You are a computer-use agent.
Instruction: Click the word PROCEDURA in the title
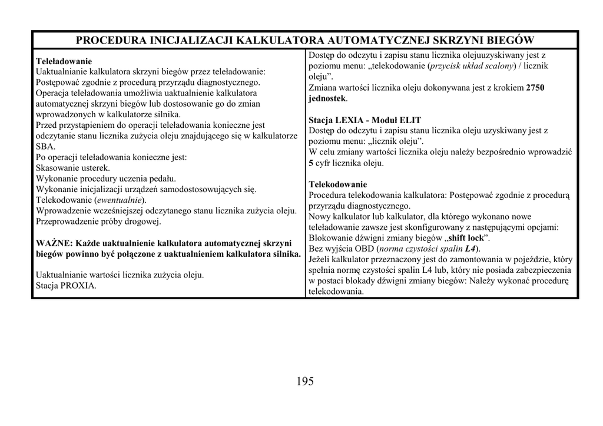(110, 40)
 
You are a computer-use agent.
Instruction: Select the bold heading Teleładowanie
(64, 61)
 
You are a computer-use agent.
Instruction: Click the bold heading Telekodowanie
(337, 184)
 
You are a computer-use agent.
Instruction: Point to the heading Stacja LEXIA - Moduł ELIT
(365, 120)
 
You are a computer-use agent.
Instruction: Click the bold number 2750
(535, 88)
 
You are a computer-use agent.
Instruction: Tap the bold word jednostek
(327, 98)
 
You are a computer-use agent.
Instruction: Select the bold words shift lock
(467, 238)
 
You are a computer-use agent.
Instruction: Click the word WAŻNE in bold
(53, 243)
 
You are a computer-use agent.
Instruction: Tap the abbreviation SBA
(45, 146)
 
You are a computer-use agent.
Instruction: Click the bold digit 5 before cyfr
(311, 163)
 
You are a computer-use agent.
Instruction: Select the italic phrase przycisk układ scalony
(472, 66)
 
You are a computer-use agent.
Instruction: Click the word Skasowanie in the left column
(57, 168)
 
